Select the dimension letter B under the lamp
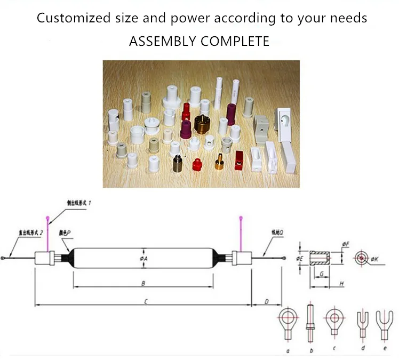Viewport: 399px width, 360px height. point(143,284)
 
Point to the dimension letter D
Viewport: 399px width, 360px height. point(266,302)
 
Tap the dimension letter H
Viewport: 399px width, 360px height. point(340,284)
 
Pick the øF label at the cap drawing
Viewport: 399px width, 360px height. point(346,245)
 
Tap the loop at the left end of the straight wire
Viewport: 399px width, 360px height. point(4,258)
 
